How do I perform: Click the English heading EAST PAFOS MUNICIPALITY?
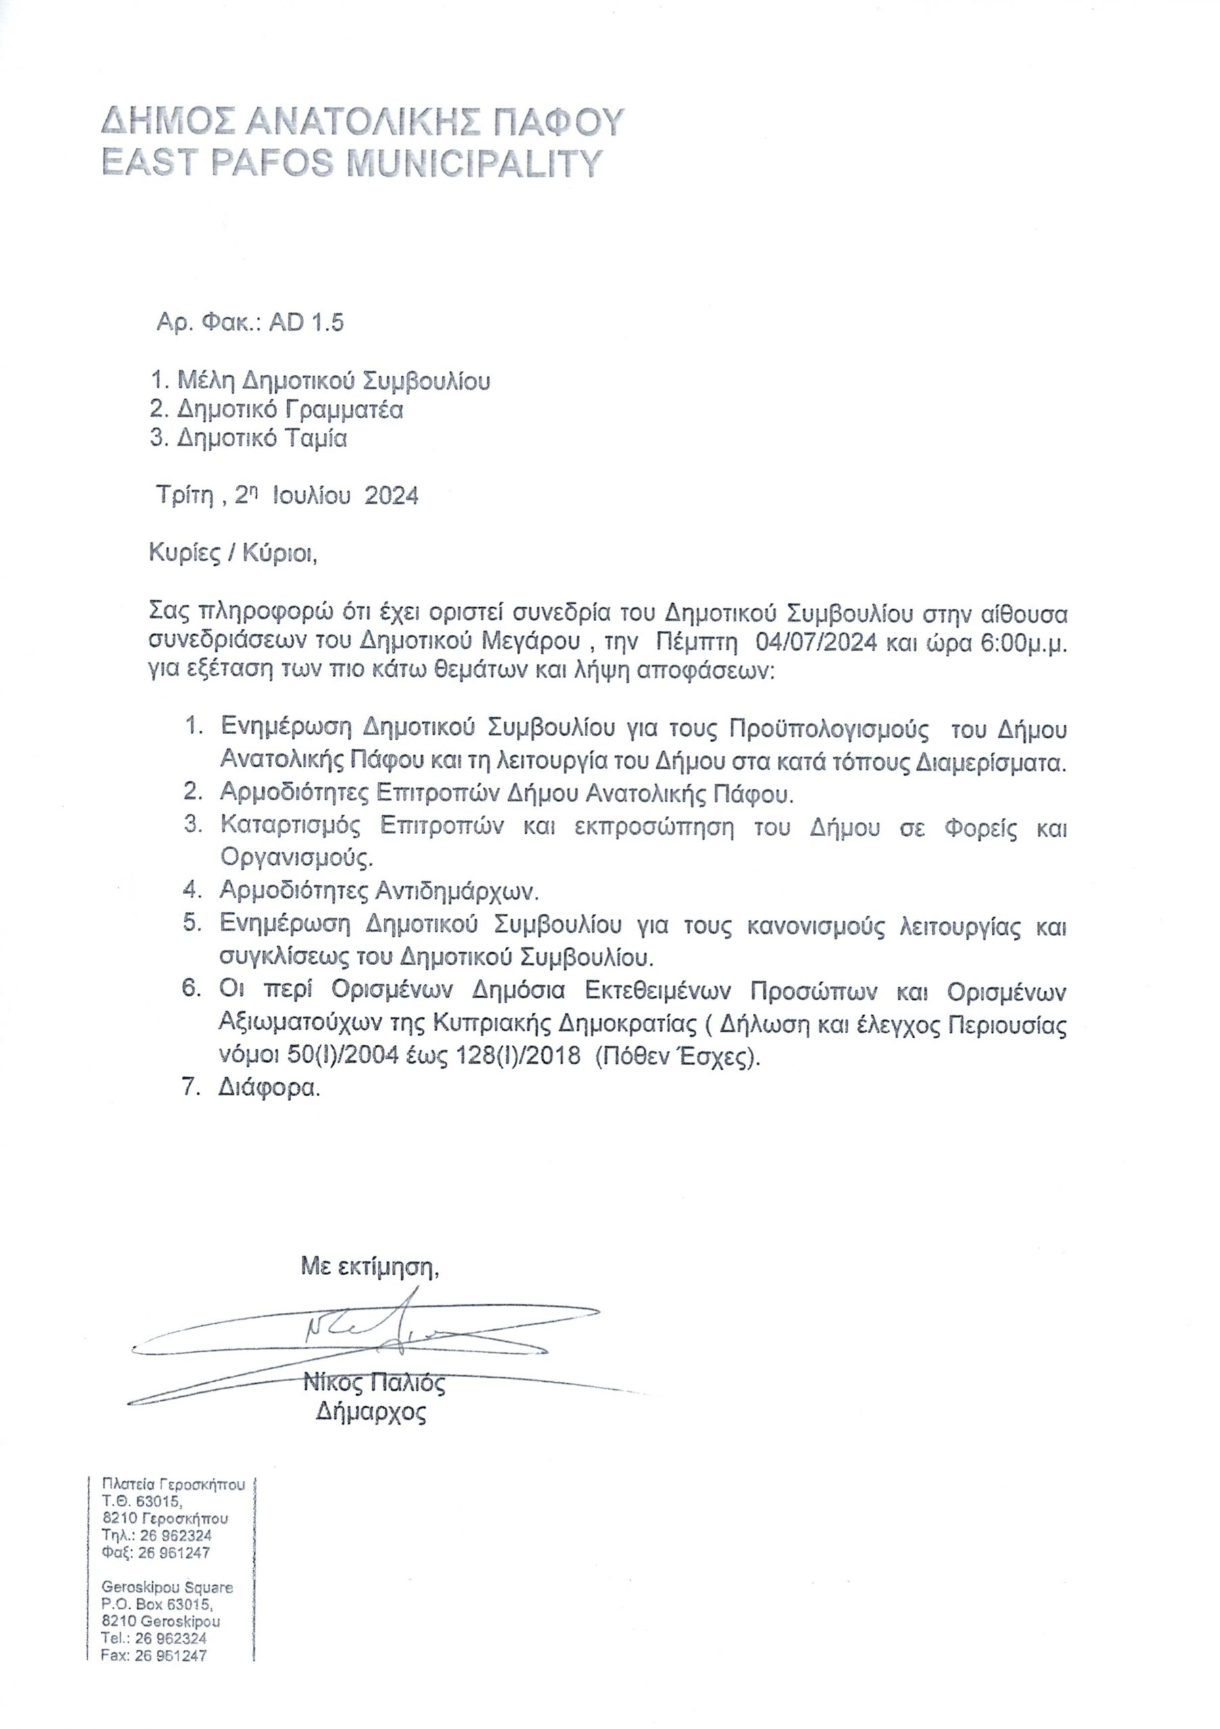coord(352,162)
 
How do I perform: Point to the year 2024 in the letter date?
coord(391,496)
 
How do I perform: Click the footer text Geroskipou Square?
coord(168,1586)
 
